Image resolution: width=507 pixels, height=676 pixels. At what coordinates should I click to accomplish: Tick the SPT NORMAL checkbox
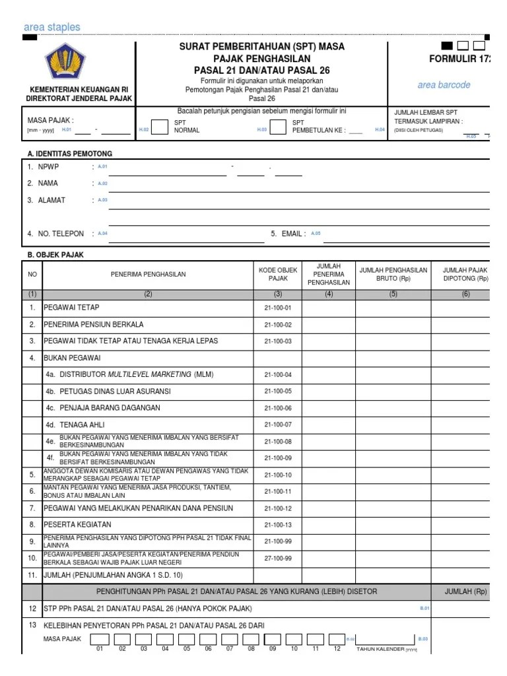[x=160, y=126]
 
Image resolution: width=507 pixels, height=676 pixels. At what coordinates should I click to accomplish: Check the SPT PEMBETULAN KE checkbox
[x=279, y=126]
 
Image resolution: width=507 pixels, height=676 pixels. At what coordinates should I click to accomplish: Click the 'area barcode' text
[x=444, y=85]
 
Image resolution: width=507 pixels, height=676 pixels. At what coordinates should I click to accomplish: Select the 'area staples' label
[x=51, y=27]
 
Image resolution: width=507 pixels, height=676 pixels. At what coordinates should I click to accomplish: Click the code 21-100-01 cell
[x=278, y=308]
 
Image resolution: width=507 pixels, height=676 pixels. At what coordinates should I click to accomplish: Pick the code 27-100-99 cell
[x=278, y=558]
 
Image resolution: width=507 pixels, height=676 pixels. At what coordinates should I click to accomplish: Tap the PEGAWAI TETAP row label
[x=71, y=308]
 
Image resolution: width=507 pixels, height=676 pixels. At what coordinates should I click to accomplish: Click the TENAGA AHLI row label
[x=75, y=424]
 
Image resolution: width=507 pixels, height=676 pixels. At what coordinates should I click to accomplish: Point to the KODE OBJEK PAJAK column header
[x=278, y=274]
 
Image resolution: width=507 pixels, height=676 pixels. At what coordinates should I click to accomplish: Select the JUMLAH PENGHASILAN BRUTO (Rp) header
[x=393, y=274]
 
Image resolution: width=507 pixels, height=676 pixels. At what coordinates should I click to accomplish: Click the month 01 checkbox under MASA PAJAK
[x=100, y=639]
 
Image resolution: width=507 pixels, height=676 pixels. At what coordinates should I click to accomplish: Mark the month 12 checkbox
[x=337, y=639]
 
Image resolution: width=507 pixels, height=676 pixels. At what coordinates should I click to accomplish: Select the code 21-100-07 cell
[x=278, y=424]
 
